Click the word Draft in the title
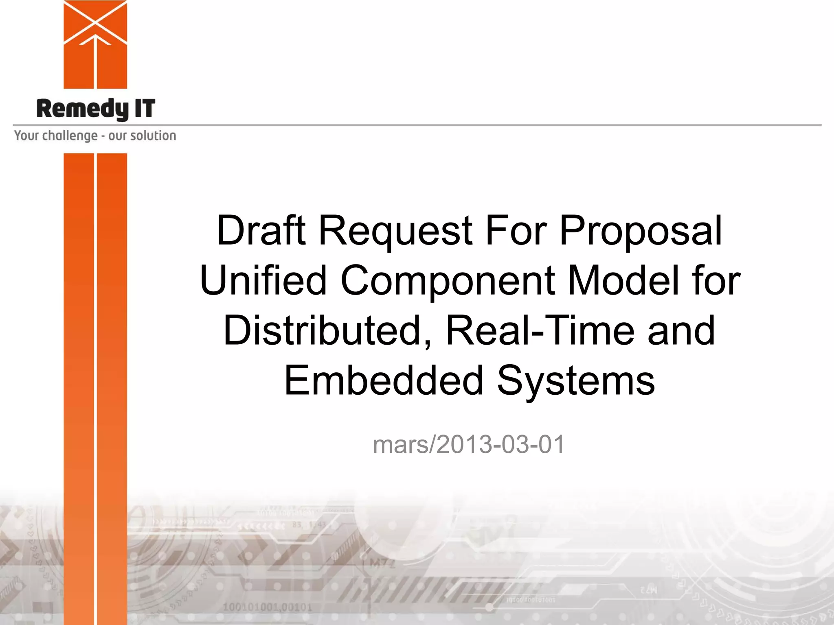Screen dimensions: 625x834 coord(261,230)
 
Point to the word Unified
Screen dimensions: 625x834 coord(263,280)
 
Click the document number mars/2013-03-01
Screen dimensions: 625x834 coord(469,444)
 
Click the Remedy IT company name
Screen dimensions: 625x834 coord(96,109)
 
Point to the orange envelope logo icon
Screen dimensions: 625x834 coord(95,44)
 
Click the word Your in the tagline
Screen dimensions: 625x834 coord(26,135)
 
